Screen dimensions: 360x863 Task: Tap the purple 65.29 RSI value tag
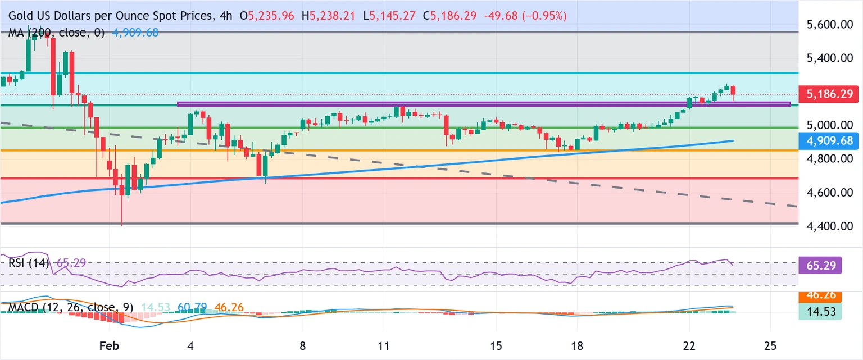(820, 263)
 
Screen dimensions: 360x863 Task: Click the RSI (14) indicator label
(29, 262)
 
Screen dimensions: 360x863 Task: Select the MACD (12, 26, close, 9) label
(71, 308)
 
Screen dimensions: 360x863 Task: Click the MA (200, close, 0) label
(56, 33)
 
